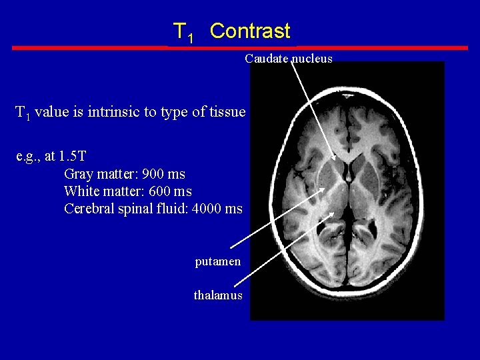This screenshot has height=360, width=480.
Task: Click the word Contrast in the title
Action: (x=250, y=31)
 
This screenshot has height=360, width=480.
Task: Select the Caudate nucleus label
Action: (x=288, y=59)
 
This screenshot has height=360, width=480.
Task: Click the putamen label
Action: (x=217, y=262)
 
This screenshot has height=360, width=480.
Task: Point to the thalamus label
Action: (x=218, y=295)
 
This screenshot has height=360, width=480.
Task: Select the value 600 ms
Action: (x=170, y=191)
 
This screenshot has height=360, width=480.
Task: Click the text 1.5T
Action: (x=73, y=157)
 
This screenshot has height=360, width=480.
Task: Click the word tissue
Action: (x=227, y=112)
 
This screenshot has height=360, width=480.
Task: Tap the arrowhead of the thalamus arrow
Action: (x=331, y=215)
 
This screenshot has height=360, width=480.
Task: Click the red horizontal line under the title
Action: (x=240, y=48)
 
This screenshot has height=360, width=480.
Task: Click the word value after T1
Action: (x=51, y=112)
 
